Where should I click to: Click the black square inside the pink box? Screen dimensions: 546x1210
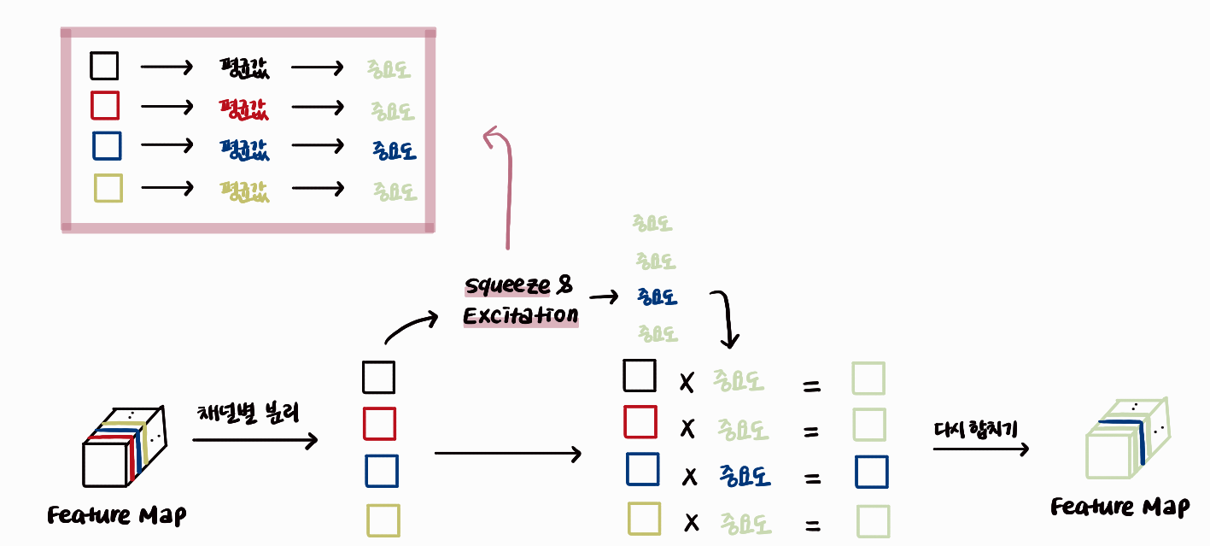104,66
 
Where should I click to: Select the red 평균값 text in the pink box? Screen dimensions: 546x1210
243,109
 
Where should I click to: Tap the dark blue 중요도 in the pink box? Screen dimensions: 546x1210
394,150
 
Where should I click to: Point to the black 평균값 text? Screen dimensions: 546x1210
243,68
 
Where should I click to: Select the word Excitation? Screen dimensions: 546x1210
520,316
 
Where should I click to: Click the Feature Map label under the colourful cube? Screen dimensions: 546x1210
117,515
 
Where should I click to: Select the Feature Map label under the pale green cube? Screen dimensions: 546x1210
1119,507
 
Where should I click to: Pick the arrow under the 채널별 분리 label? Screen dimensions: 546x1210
254,441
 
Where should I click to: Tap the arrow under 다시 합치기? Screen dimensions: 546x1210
979,449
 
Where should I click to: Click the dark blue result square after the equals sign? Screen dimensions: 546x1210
871,472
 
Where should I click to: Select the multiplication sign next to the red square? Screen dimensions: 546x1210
687,426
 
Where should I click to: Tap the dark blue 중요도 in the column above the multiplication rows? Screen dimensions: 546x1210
657,296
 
